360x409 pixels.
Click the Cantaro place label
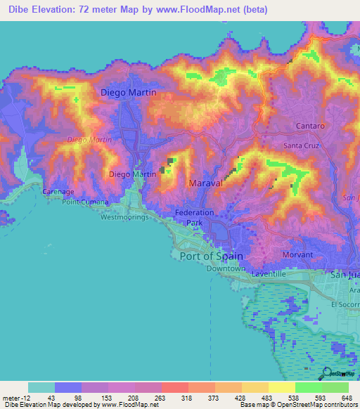pyautogui.click(x=309, y=126)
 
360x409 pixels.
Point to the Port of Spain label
pyautogui.click(x=212, y=256)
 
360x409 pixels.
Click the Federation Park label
pyautogui.click(x=194, y=217)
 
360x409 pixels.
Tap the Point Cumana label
pyautogui.click(x=85, y=202)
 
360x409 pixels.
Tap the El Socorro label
pyautogui.click(x=345, y=305)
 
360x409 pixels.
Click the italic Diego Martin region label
pyautogui.click(x=89, y=140)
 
